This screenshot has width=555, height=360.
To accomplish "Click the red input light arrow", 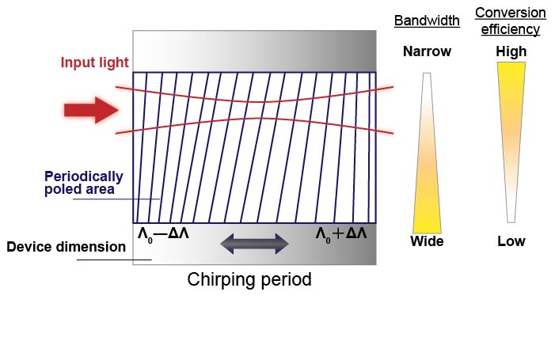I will coord(91,109).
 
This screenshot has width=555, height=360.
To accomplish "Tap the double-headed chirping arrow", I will coord(254,244).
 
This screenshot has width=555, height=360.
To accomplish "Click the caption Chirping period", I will coord(249,279).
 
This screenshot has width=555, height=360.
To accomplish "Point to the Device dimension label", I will coord(66,247).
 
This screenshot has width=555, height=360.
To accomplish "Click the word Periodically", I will coord(83,176).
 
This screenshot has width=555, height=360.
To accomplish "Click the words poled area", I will coord(78,189).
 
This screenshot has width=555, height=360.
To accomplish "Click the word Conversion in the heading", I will coord(510,13).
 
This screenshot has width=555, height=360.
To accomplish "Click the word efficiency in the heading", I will coord(510,29).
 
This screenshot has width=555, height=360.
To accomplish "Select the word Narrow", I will coord(427,52).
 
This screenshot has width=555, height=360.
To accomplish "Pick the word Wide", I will coord(427,241).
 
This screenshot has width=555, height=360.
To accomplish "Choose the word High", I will coord(511,52).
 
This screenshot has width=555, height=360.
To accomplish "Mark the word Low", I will coord(511,241).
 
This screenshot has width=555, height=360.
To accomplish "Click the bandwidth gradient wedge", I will coord(427,158).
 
